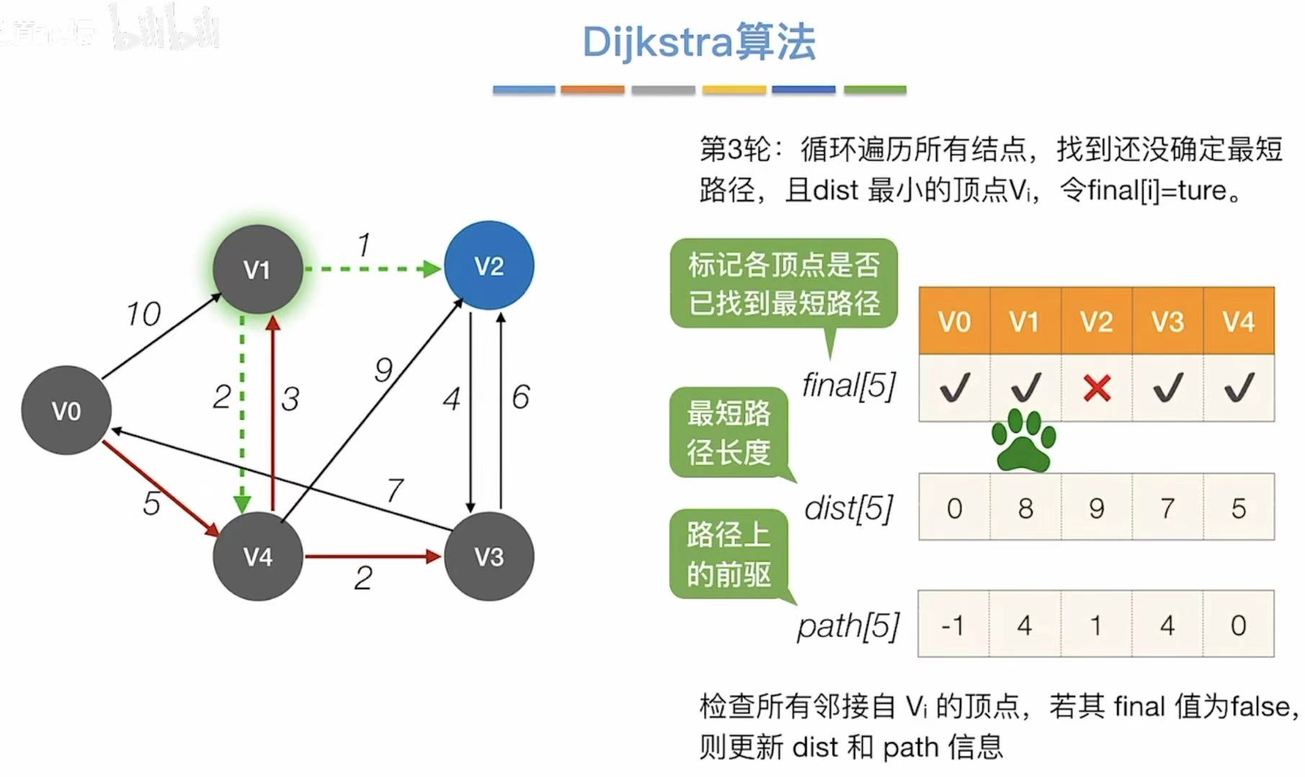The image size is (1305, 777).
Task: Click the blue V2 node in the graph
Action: click(x=489, y=266)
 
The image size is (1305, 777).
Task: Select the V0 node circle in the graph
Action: click(x=66, y=410)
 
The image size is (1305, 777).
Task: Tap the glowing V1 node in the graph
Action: click(x=257, y=269)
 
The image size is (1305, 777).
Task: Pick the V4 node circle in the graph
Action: click(x=257, y=556)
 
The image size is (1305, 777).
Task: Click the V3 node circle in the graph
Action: click(x=489, y=556)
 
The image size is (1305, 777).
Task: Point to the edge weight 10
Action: click(x=143, y=314)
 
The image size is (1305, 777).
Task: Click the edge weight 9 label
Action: click(x=383, y=370)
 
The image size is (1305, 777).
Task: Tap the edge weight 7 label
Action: click(x=395, y=490)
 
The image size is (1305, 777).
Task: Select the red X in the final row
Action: click(x=1096, y=388)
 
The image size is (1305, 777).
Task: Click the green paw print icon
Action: click(x=1023, y=440)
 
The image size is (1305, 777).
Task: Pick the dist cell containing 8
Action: click(x=1026, y=508)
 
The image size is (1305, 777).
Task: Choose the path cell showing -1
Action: click(x=953, y=624)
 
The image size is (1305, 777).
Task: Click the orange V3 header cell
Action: click(x=1167, y=321)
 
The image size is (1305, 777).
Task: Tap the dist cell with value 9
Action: click(x=1096, y=508)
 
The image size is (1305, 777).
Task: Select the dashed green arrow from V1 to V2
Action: click(x=372, y=269)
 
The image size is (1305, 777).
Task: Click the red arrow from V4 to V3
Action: click(x=372, y=556)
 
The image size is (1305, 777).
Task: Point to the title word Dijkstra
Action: click(x=656, y=42)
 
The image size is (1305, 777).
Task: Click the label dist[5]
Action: click(x=848, y=508)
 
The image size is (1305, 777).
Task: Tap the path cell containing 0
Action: click(x=1238, y=624)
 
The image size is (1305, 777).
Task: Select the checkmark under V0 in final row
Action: click(x=954, y=387)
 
